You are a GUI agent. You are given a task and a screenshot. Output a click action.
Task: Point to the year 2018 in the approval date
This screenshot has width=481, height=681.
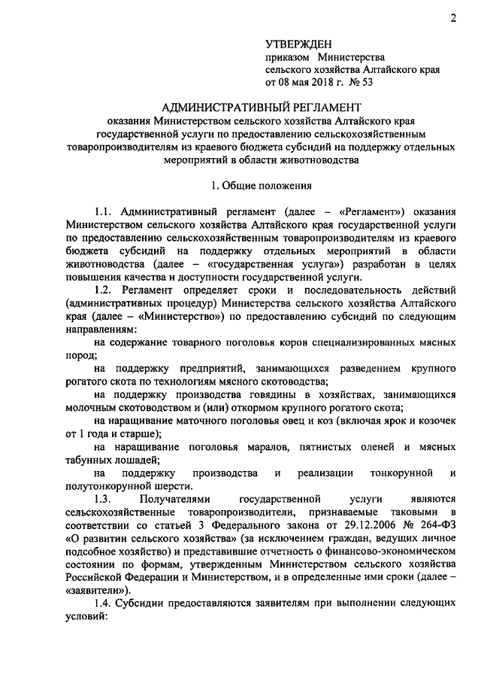(x=311, y=82)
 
